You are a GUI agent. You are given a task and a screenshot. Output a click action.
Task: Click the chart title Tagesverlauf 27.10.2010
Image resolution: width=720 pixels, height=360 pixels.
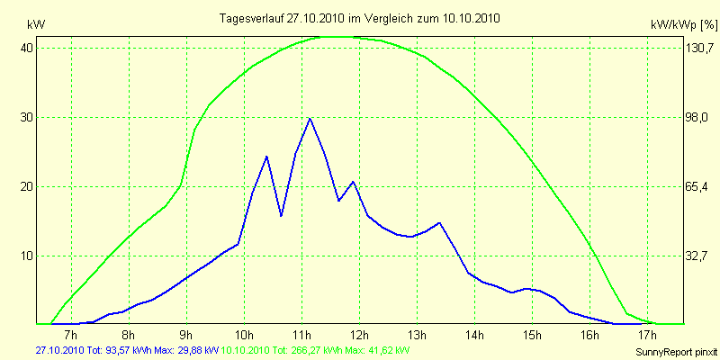pos(361,18)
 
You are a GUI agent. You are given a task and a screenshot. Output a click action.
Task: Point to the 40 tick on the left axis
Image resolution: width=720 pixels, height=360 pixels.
pos(27,48)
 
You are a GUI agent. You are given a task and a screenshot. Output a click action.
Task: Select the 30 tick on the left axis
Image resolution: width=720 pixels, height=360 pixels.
pos(27,117)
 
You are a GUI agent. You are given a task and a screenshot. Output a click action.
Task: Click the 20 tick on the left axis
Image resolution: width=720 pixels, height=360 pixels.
pos(27,186)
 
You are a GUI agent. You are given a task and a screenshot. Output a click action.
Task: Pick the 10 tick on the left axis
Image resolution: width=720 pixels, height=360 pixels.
pos(27,256)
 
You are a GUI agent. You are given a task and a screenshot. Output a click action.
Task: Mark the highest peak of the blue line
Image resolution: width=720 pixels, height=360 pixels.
pos(310,118)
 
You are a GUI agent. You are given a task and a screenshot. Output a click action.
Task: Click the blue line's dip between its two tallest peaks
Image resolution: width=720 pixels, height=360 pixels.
pos(281,216)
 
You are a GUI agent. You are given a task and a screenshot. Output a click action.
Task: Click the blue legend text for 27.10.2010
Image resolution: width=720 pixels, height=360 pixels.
pos(127,349)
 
